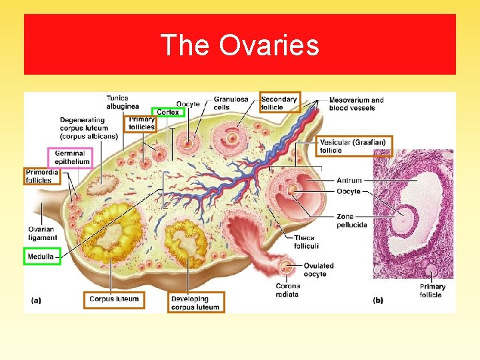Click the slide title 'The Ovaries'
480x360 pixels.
click(x=240, y=45)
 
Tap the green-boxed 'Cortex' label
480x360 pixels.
click(x=168, y=113)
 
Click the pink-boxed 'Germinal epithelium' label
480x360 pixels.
click(x=70, y=157)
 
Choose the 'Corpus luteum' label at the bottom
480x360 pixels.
click(x=114, y=299)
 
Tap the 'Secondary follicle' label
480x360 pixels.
click(x=280, y=103)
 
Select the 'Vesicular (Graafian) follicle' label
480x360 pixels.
click(x=354, y=147)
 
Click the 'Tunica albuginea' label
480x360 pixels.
click(x=123, y=101)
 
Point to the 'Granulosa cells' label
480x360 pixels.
click(x=231, y=103)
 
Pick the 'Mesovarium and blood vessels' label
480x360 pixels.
click(x=357, y=104)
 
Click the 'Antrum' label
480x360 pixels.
click(x=349, y=181)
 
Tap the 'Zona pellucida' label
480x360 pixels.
click(x=351, y=221)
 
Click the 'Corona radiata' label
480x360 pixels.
click(x=287, y=290)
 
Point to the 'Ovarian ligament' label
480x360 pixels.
click(x=41, y=233)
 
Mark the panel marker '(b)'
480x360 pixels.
click(x=378, y=301)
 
